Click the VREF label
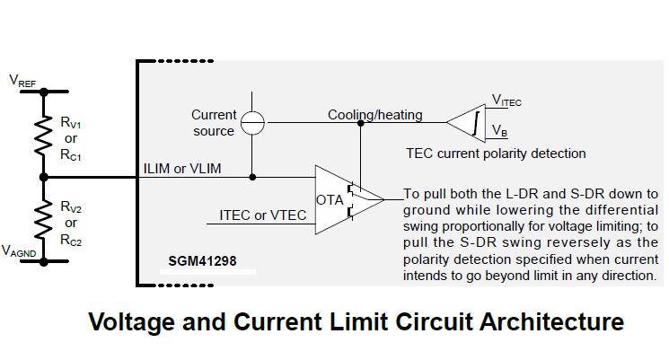(22, 81)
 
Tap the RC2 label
(72, 241)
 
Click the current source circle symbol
(254, 123)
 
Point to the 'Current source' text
(214, 123)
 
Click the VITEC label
(507, 101)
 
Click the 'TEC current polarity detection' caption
(496, 154)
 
